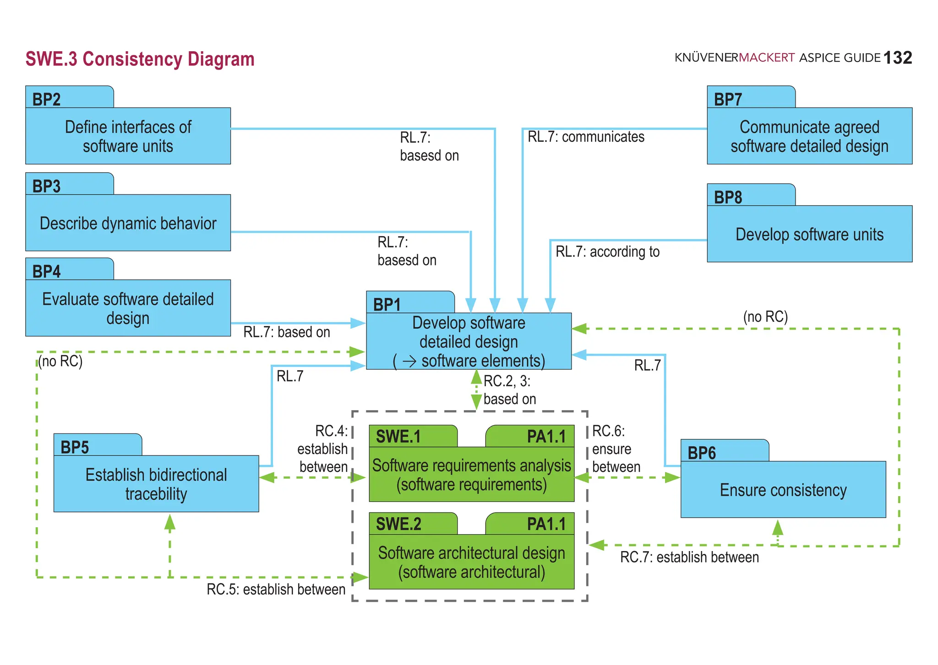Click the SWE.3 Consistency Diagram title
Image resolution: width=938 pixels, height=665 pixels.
[140, 59]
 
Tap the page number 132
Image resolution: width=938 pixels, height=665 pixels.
[897, 58]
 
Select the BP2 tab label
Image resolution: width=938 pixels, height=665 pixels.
[47, 99]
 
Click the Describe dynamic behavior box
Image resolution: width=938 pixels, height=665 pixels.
[128, 223]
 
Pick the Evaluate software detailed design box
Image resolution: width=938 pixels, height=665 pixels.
[128, 308]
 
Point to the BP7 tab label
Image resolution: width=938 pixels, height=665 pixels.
[728, 99]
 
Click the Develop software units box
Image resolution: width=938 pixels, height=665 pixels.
[809, 234]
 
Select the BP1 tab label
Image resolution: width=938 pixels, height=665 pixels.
[387, 304]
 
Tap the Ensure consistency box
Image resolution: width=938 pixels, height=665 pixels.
[783, 489]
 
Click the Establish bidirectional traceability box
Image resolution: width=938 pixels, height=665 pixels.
[156, 484]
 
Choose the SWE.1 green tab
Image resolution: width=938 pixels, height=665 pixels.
[398, 436]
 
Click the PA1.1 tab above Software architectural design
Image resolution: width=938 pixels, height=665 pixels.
[546, 524]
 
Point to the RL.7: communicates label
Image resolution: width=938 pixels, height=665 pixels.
[586, 137]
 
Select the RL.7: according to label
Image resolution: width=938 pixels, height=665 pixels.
[607, 251]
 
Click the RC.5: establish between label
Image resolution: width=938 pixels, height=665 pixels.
[276, 589]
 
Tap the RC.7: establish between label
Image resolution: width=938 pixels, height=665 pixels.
[689, 557]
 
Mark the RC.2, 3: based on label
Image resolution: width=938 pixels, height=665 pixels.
[509, 390]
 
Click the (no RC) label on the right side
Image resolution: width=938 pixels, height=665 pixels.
[765, 316]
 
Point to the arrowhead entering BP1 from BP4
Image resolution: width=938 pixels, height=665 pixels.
[358, 323]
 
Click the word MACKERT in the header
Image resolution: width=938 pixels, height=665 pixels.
[767, 58]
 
